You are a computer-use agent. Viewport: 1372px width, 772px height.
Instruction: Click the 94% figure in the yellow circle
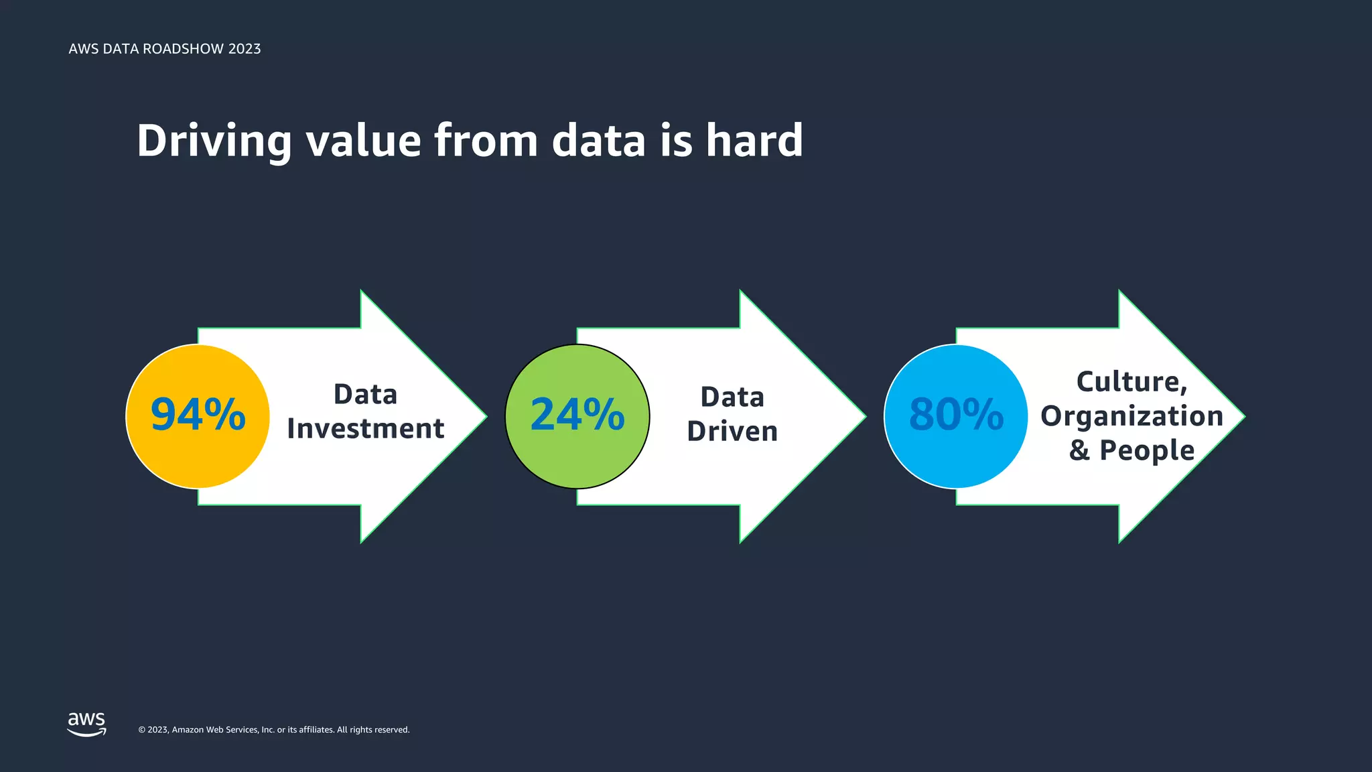[x=198, y=415]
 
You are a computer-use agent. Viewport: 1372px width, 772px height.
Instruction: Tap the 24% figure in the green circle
[x=577, y=415]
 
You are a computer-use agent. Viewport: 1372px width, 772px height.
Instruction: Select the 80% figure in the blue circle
[x=956, y=415]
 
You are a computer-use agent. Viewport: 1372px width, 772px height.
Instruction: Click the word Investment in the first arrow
[x=365, y=429]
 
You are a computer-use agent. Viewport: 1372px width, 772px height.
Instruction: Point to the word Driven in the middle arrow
[x=732, y=432]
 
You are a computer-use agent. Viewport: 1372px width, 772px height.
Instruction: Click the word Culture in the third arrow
[x=1129, y=382]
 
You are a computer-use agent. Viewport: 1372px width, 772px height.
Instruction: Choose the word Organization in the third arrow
[x=1131, y=416]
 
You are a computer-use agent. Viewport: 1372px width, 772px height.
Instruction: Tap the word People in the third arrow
[x=1147, y=450]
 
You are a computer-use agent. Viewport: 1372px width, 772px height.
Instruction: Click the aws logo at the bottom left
[x=86, y=724]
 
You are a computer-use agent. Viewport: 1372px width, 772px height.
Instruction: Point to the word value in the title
[x=363, y=141]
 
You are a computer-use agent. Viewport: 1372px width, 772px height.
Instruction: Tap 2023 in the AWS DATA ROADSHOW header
[x=244, y=49]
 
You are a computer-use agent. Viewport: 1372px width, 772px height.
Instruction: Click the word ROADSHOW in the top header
[x=183, y=49]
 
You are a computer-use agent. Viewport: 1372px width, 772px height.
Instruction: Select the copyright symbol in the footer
[x=141, y=730]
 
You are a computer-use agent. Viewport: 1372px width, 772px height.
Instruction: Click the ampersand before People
[x=1079, y=450]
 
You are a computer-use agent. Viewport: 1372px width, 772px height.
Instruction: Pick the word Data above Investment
[x=365, y=395]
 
